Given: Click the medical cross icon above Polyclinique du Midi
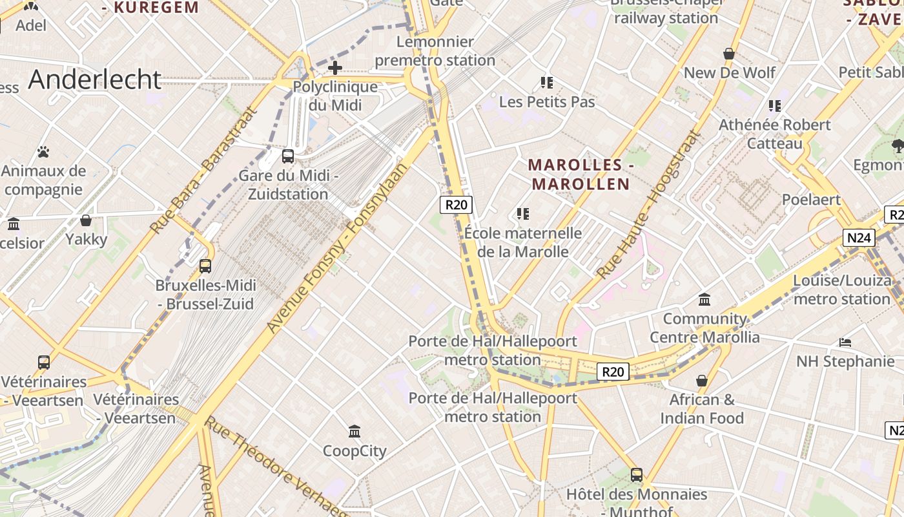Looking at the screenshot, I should point(334,67).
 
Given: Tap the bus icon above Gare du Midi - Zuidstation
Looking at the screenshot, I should point(288,156).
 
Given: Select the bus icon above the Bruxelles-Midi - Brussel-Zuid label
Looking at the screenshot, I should point(205,266).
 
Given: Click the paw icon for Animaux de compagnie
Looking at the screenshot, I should point(43,152).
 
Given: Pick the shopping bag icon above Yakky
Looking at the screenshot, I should point(86,220).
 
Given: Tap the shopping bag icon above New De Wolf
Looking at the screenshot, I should point(729,54).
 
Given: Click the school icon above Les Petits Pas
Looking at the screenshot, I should point(547,82).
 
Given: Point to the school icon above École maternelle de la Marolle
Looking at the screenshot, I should point(523,213).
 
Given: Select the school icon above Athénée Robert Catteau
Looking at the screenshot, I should point(774,105).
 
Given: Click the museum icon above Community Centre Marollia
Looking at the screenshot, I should point(704,299).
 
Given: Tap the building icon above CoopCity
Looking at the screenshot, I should point(354,431).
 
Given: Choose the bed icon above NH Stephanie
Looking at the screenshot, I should point(845,342).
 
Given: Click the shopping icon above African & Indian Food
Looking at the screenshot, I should point(702,381).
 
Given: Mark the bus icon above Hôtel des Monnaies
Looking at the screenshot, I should point(637,475).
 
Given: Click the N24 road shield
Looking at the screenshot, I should point(859,238).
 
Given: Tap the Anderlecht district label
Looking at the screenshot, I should point(94,79).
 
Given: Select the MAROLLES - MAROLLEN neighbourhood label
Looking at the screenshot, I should point(580,174).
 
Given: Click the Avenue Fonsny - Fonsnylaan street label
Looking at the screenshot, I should point(339,248).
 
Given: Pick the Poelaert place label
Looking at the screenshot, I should point(811,200).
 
